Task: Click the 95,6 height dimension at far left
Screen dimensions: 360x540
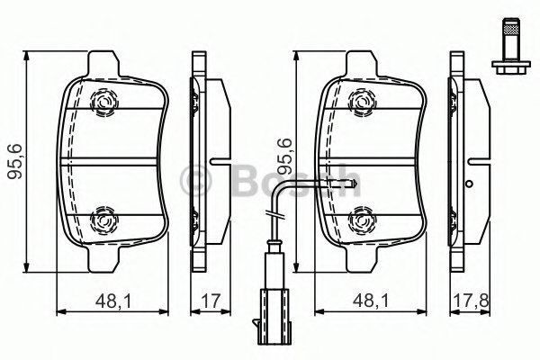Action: (x=13, y=159)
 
